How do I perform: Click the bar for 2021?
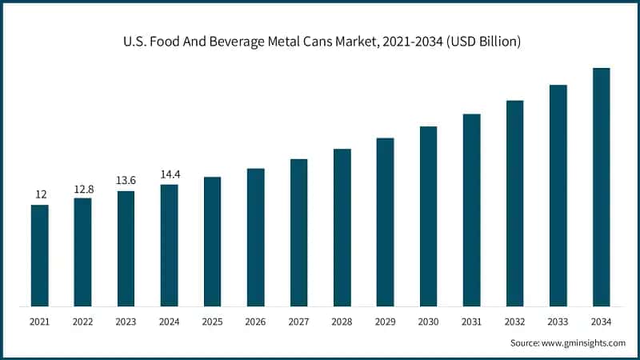[39, 255]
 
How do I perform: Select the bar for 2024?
[169, 245]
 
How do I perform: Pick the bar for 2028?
[342, 227]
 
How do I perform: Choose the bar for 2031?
[471, 210]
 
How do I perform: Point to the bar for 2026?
[255, 237]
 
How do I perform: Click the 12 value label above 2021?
[39, 194]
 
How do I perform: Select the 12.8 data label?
[82, 188]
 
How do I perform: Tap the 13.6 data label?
[126, 181]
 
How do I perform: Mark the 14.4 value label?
[169, 174]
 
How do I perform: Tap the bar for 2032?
[514, 203]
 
